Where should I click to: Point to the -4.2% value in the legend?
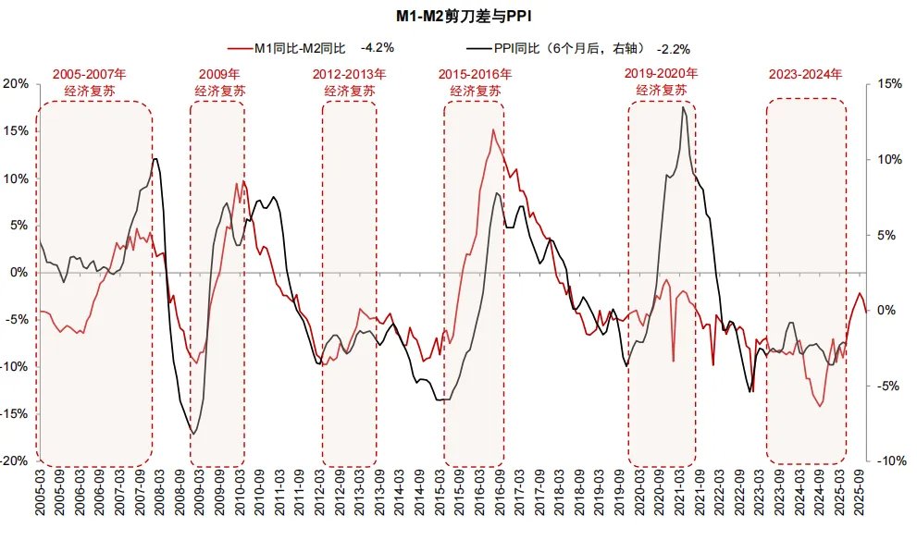point(379,47)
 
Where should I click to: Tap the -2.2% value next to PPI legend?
point(673,48)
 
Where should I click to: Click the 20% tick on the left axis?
point(16,83)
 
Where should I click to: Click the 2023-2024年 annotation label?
point(805,74)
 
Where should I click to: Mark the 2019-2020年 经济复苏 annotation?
point(661,80)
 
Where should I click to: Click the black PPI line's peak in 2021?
point(683,107)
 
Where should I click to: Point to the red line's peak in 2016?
point(493,130)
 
